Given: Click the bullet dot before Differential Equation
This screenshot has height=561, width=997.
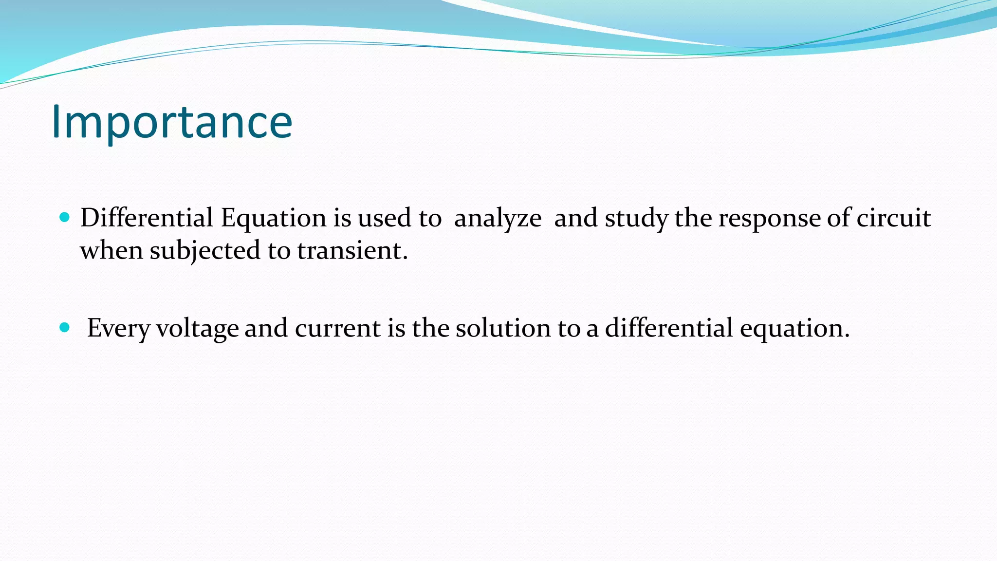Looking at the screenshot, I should [x=64, y=217].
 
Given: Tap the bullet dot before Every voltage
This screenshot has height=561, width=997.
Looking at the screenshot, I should [x=64, y=327].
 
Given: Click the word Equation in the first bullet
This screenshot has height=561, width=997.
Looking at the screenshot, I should [x=273, y=218].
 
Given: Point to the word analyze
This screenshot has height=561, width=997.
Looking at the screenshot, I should [x=497, y=218].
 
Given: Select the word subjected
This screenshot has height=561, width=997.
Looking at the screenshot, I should [x=204, y=251].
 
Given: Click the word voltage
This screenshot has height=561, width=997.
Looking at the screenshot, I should [x=197, y=328].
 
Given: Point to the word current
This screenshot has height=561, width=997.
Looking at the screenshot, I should [x=338, y=327].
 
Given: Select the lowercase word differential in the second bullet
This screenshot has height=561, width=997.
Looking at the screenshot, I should [x=668, y=327].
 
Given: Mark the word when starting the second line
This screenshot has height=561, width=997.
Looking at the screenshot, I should [x=111, y=250].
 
